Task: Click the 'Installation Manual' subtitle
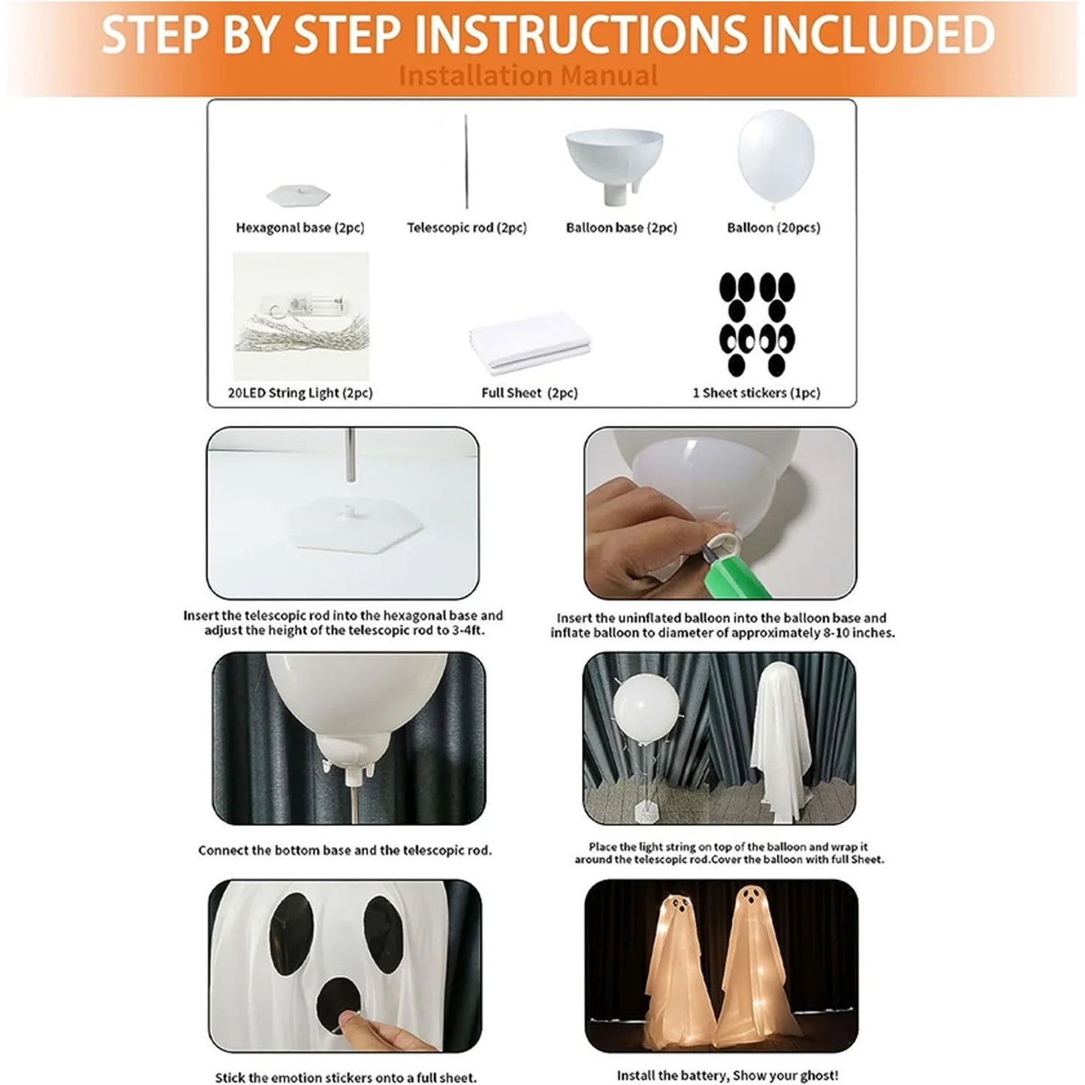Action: (x=528, y=75)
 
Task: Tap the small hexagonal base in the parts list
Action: (x=297, y=194)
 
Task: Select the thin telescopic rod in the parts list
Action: (x=466, y=161)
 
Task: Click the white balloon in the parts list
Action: (x=776, y=158)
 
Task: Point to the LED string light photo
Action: (x=301, y=316)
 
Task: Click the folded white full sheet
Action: (x=529, y=342)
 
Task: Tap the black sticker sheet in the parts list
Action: (x=757, y=324)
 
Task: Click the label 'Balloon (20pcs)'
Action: (x=773, y=228)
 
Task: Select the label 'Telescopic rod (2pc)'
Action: (x=467, y=228)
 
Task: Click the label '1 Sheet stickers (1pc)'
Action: (x=756, y=393)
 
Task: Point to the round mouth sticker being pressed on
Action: (x=339, y=1005)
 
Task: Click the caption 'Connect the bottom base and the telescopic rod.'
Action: (x=345, y=850)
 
